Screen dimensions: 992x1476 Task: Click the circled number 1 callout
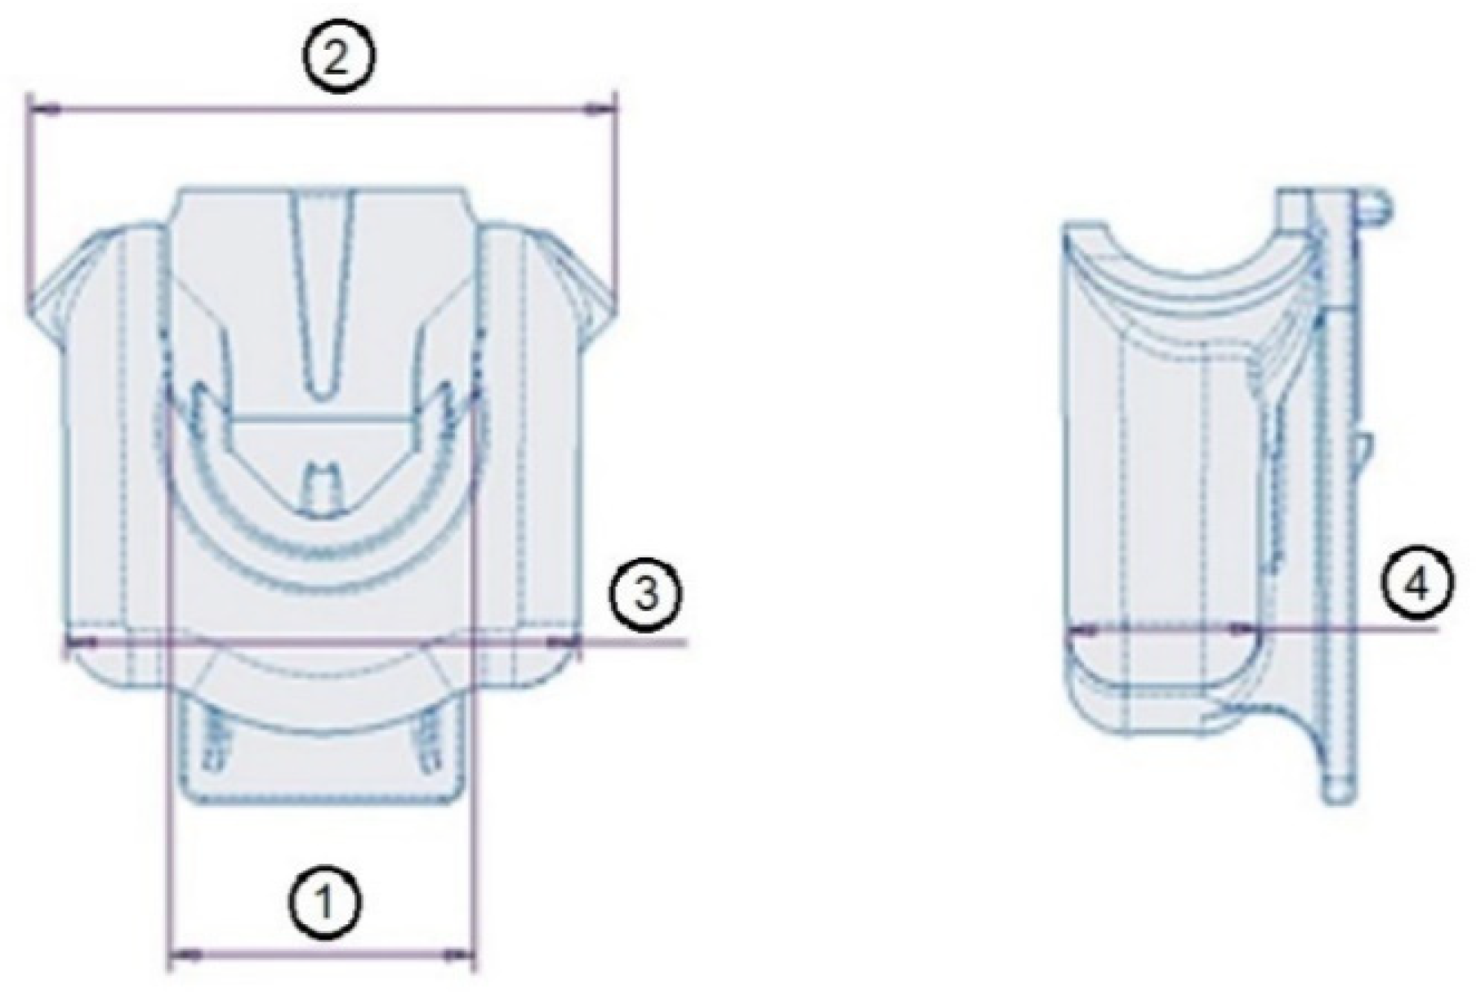click(x=325, y=902)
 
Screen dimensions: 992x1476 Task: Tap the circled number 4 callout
click(x=1417, y=585)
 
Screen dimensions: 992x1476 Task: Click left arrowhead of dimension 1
click(x=189, y=953)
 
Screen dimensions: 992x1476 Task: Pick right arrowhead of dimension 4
click(x=1244, y=629)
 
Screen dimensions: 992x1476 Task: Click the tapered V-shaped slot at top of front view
click(x=324, y=286)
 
